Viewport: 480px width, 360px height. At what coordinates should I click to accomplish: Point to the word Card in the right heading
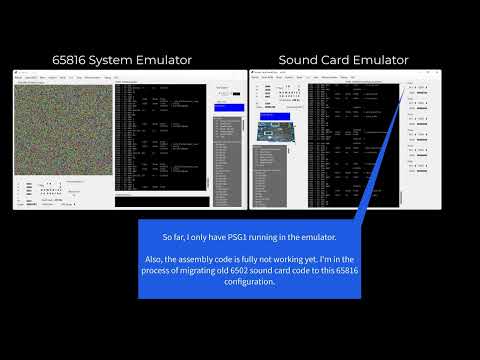(x=343, y=60)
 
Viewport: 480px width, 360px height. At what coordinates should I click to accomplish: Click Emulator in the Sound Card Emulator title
(x=386, y=60)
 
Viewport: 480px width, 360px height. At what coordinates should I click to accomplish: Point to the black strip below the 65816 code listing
(x=161, y=201)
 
